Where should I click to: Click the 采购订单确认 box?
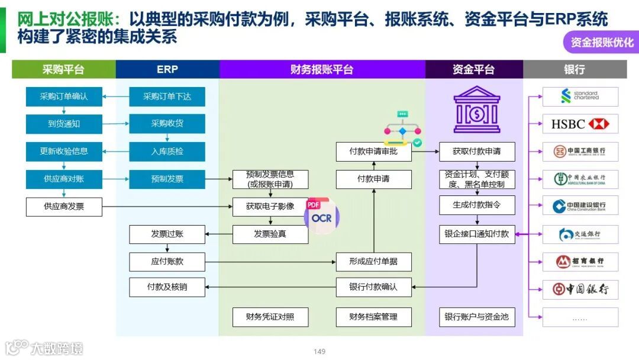click(64, 97)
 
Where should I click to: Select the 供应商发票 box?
click(64, 207)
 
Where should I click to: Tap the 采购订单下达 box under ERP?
click(167, 97)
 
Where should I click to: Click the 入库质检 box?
click(167, 152)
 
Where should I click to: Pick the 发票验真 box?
click(270, 234)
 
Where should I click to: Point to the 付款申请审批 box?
click(373, 152)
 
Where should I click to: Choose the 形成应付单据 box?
click(373, 261)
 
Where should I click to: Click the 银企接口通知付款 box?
click(476, 234)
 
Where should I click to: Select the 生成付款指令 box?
click(476, 205)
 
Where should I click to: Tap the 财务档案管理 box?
click(373, 317)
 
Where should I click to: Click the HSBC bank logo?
click(580, 124)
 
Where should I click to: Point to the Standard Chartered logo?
click(580, 96)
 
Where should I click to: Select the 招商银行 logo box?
click(580, 261)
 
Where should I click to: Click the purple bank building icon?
click(476, 110)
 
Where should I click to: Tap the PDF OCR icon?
click(322, 216)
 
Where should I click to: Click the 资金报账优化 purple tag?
click(601, 42)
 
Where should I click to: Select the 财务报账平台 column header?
click(322, 69)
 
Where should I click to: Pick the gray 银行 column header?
click(575, 69)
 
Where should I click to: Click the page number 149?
click(319, 352)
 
